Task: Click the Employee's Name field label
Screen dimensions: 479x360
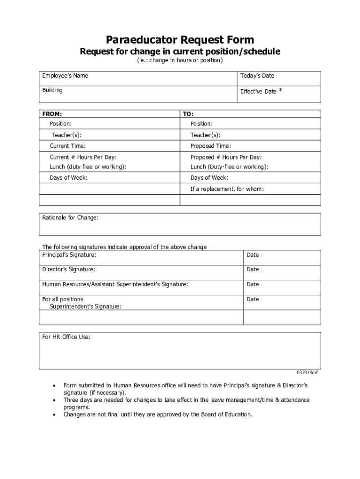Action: click(65, 76)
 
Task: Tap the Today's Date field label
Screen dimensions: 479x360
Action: click(257, 76)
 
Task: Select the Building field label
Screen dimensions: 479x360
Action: click(52, 90)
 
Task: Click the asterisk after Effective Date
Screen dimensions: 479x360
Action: click(280, 91)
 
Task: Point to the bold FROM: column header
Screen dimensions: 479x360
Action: click(52, 114)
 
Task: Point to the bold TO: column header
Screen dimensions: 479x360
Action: click(188, 114)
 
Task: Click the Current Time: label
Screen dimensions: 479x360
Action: click(68, 146)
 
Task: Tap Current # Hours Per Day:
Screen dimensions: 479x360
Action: click(83, 157)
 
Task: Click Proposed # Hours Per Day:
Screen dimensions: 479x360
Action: click(226, 157)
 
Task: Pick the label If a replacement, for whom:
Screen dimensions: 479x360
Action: click(227, 189)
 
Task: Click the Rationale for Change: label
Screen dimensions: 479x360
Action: click(70, 218)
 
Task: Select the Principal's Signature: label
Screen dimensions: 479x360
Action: click(69, 254)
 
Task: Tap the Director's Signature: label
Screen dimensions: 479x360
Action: click(69, 269)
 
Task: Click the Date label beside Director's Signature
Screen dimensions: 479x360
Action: click(252, 269)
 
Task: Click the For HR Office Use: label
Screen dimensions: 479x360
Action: click(66, 336)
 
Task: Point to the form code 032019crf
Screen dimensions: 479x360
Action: click(307, 373)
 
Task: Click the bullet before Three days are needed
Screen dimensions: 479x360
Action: click(55, 400)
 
